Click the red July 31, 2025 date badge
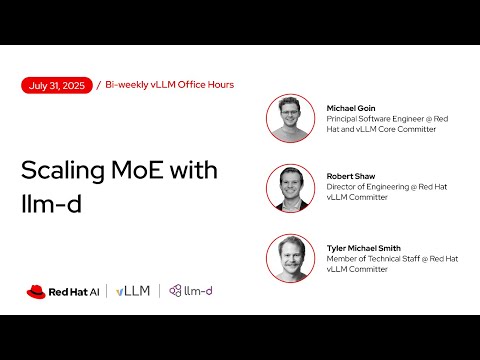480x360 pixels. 57,85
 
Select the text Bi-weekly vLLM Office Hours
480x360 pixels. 170,85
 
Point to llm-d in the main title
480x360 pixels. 48,201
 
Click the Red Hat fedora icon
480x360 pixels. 38,291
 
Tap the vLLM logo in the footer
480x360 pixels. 133,291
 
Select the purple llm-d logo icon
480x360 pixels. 176,291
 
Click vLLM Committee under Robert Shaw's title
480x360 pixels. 359,200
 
